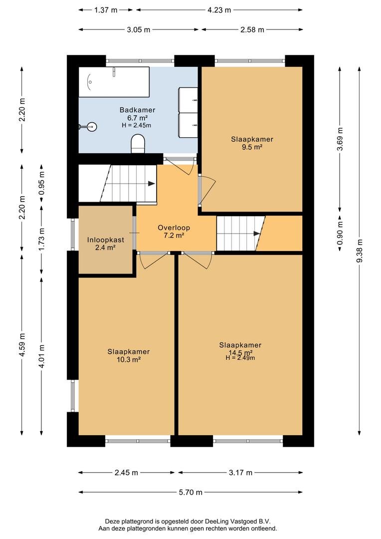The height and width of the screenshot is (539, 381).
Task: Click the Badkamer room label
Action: (x=137, y=110)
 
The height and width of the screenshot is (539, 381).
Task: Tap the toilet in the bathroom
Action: (x=138, y=144)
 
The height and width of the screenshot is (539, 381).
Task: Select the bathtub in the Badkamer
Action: (x=114, y=82)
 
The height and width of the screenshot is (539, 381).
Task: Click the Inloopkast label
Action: (x=105, y=240)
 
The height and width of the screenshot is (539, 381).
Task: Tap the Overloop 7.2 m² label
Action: (x=174, y=232)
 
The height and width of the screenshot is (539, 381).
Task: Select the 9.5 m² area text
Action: (x=252, y=147)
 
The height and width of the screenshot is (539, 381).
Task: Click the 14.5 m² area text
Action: (x=240, y=352)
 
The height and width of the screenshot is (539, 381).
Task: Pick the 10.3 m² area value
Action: (x=129, y=359)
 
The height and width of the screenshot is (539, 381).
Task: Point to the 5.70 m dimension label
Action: (x=190, y=492)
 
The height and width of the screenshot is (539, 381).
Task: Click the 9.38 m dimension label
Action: (x=360, y=251)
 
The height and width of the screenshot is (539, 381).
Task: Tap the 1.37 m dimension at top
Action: (x=106, y=10)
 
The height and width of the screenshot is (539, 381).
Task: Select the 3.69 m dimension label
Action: (x=340, y=139)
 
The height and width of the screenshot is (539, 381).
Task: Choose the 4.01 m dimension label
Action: (x=41, y=356)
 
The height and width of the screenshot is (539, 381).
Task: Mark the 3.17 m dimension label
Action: (x=240, y=473)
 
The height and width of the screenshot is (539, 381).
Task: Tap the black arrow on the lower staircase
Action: (x=257, y=234)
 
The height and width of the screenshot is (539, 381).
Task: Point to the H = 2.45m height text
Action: (x=136, y=125)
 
